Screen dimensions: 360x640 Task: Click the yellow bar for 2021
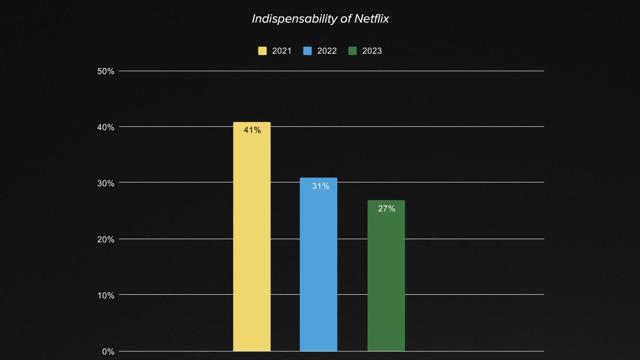252,240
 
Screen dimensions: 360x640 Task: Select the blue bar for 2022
318,266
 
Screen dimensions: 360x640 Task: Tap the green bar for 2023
386,277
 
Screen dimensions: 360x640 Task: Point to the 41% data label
252,130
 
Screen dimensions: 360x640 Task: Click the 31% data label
320,186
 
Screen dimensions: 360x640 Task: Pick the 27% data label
386,208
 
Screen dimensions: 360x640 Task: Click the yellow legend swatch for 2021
262,51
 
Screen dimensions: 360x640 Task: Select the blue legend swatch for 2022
307,51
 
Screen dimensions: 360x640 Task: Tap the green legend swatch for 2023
352,51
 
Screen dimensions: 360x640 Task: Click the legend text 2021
282,51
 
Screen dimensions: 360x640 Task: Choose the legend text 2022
327,51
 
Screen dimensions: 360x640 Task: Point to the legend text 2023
372,51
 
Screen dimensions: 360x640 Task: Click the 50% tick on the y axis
105,71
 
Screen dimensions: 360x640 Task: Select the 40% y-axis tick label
105,127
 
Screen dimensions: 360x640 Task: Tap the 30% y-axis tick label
105,183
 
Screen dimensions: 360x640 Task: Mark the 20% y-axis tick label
105,240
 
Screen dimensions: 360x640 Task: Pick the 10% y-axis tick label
105,295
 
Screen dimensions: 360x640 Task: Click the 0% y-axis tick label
108,352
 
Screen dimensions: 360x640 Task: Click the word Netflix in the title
371,19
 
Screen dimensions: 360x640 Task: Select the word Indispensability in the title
294,19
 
